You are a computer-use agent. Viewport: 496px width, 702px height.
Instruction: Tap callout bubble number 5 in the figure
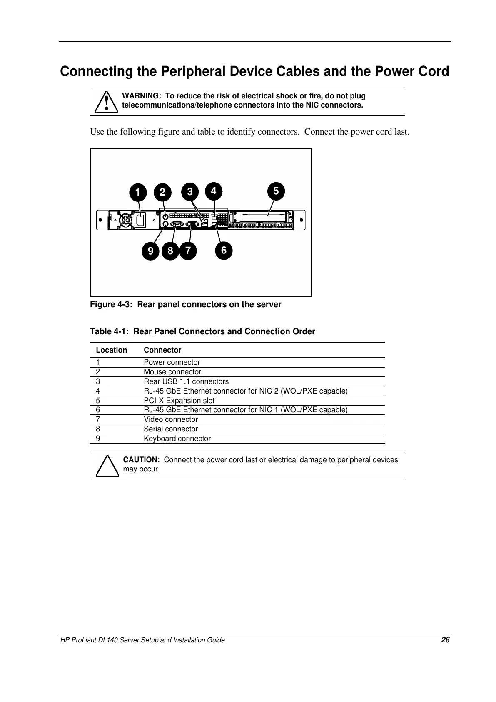276,191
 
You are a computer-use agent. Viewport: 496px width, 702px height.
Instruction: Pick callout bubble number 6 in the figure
224,251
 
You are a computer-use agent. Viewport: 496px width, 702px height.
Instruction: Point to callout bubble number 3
190,192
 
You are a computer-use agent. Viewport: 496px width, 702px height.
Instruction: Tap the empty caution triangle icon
107,466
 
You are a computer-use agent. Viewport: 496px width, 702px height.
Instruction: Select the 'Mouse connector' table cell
172,372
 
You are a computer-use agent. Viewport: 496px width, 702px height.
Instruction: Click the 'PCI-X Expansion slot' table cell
179,401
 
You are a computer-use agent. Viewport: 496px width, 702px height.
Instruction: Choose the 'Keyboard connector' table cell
177,439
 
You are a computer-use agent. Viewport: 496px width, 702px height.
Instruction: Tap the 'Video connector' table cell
171,419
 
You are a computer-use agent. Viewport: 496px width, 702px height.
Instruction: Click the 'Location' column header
111,350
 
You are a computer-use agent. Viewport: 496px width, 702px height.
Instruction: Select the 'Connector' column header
162,350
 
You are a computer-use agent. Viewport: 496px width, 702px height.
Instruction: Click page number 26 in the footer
445,640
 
